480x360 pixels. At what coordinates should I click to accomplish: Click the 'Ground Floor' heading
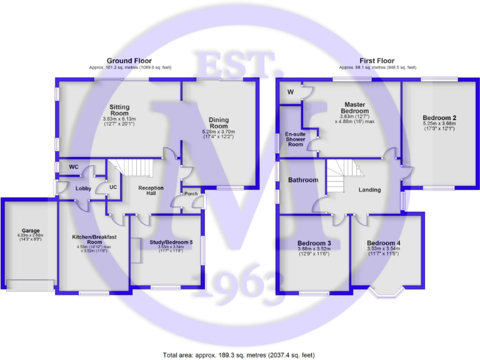pyautogui.click(x=129, y=61)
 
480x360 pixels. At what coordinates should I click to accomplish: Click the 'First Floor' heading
pyautogui.click(x=372, y=61)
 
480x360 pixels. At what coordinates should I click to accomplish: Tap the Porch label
pyautogui.click(x=191, y=194)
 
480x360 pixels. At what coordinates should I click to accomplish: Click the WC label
pyautogui.click(x=73, y=167)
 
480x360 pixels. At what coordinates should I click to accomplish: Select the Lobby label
pyautogui.click(x=84, y=188)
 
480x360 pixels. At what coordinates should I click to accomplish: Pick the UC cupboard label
pyautogui.click(x=113, y=186)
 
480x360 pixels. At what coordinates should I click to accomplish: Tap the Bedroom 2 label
pyautogui.click(x=439, y=117)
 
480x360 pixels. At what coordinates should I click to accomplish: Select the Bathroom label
pyautogui.click(x=302, y=180)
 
